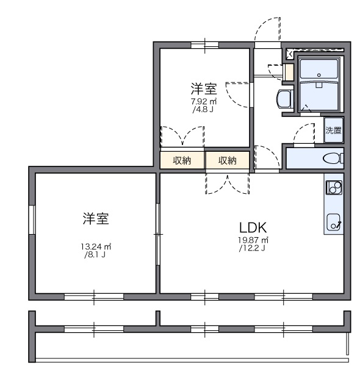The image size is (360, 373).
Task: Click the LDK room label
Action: [x=253, y=227]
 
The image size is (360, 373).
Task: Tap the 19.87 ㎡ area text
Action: [x=253, y=240]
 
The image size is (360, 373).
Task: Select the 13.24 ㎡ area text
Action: [x=96, y=247]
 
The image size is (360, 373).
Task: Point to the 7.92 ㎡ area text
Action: [x=204, y=102]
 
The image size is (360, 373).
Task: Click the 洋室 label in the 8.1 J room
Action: [x=96, y=218]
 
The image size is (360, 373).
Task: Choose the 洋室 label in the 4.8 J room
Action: [x=204, y=89]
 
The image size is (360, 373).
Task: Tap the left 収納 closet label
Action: [x=182, y=160]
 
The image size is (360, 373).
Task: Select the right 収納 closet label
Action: [x=228, y=160]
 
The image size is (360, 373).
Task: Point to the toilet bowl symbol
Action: [x=333, y=158]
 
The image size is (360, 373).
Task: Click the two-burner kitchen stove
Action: [x=334, y=187]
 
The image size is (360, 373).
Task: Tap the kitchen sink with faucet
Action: [x=334, y=222]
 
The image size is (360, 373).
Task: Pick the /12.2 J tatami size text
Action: [x=252, y=248]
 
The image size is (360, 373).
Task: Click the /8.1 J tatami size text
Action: [x=95, y=255]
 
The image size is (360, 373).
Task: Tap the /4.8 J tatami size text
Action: [x=203, y=110]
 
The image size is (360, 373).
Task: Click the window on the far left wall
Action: [x=32, y=219]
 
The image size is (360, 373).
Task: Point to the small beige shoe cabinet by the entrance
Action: [x=289, y=72]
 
